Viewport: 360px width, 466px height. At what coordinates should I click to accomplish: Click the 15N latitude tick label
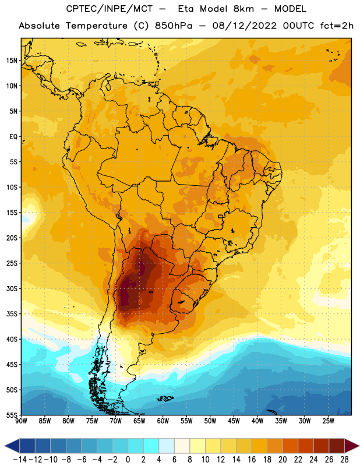tap(12, 61)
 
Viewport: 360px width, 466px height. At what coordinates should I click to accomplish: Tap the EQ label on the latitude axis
tap(13, 137)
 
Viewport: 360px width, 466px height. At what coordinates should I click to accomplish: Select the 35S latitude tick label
tap(12, 314)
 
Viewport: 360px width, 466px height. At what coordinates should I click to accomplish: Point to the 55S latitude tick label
tap(12, 415)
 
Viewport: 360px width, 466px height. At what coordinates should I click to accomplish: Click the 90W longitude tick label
tap(22, 421)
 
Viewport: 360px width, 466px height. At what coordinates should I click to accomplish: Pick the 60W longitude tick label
tap(163, 421)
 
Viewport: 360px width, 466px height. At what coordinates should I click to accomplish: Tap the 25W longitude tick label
tap(328, 421)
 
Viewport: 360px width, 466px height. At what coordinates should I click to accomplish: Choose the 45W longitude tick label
tap(234, 421)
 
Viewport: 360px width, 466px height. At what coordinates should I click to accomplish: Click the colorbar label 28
tap(344, 460)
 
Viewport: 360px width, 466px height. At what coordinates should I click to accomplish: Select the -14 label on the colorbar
tap(20, 460)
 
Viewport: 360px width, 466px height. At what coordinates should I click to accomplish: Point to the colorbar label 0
tap(128, 460)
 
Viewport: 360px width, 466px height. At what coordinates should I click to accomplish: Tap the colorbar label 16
tap(252, 460)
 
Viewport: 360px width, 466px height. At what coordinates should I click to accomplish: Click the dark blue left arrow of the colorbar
tap(12, 446)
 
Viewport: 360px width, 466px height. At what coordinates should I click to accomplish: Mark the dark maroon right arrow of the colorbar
tap(352, 446)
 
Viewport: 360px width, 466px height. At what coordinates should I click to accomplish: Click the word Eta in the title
tap(186, 9)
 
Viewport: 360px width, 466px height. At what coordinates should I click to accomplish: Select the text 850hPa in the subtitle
tap(174, 26)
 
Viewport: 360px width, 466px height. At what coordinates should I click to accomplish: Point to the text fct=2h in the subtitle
tap(337, 26)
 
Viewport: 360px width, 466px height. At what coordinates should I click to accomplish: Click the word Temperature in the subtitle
tap(96, 26)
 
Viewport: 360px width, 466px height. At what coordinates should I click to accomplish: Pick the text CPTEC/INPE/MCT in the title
tap(109, 9)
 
